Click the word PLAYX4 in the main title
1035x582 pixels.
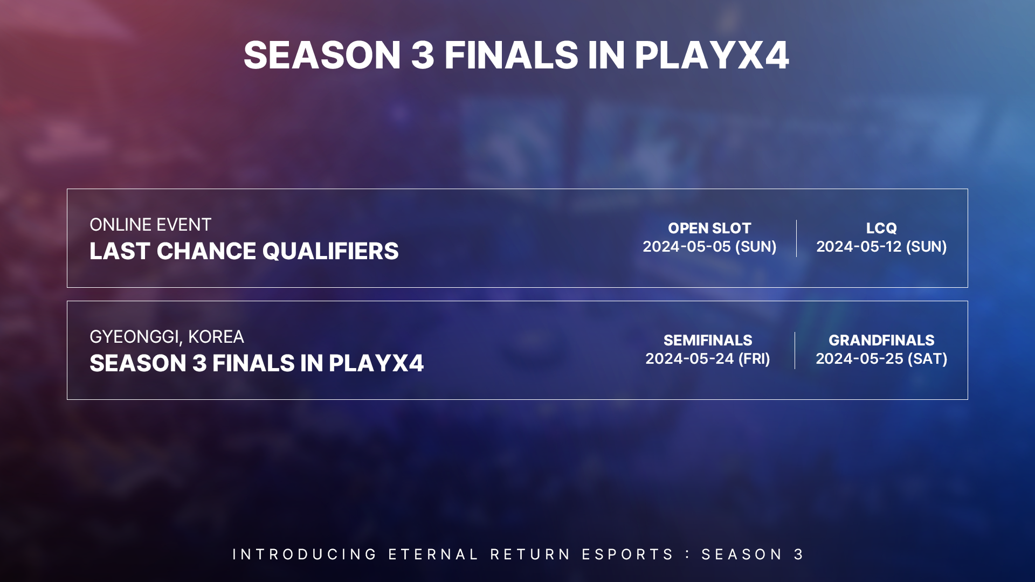tap(712, 55)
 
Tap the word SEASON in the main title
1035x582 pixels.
tap(322, 55)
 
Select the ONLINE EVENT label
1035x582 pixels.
tap(150, 225)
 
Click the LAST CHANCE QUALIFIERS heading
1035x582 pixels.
tap(244, 251)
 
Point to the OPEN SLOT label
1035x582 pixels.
tap(709, 228)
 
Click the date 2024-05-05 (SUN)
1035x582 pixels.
tap(709, 247)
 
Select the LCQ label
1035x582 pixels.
tap(881, 228)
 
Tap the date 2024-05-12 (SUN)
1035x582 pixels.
tap(881, 247)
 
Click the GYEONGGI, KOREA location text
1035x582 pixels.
tap(167, 337)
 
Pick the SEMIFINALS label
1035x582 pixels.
tap(708, 340)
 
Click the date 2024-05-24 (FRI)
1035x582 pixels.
tap(708, 359)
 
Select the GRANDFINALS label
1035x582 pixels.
tap(881, 340)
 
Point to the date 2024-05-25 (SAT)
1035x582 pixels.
tap(881, 359)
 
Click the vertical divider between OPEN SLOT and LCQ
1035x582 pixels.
tap(796, 238)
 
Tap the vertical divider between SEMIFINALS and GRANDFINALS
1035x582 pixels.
tap(795, 350)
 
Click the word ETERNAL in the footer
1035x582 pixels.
tap(433, 555)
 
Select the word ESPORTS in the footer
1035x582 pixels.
tap(627, 555)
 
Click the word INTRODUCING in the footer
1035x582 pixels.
tap(305, 555)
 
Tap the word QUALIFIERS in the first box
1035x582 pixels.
tap(330, 251)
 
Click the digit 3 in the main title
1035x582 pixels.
tap(423, 55)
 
